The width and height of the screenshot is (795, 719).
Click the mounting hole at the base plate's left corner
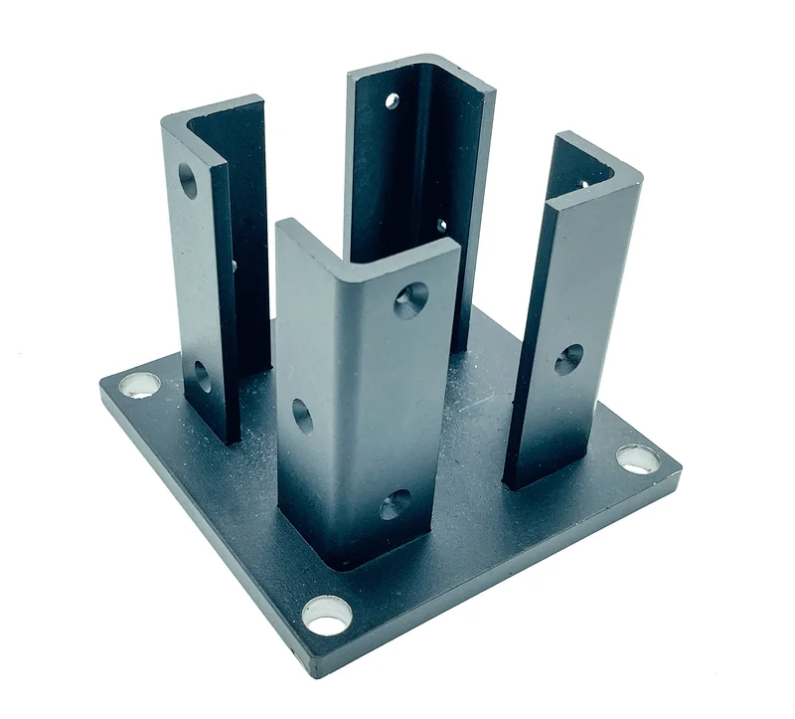(140, 384)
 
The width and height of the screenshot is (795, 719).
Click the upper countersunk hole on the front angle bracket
(410, 298)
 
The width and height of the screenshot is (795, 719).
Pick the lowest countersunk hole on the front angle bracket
(395, 504)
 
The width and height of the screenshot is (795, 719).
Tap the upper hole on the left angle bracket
(187, 178)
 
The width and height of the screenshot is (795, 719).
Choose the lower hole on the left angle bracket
(202, 376)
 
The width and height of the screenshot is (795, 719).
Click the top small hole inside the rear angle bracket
(393, 100)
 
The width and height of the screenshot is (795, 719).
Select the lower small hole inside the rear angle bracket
(441, 226)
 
